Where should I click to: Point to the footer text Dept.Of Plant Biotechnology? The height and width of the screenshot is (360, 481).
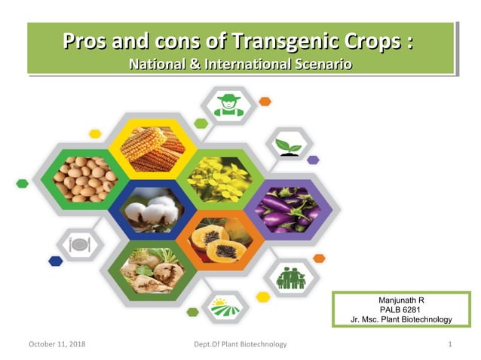[x=240, y=344]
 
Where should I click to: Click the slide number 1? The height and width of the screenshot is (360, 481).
[x=449, y=344]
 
